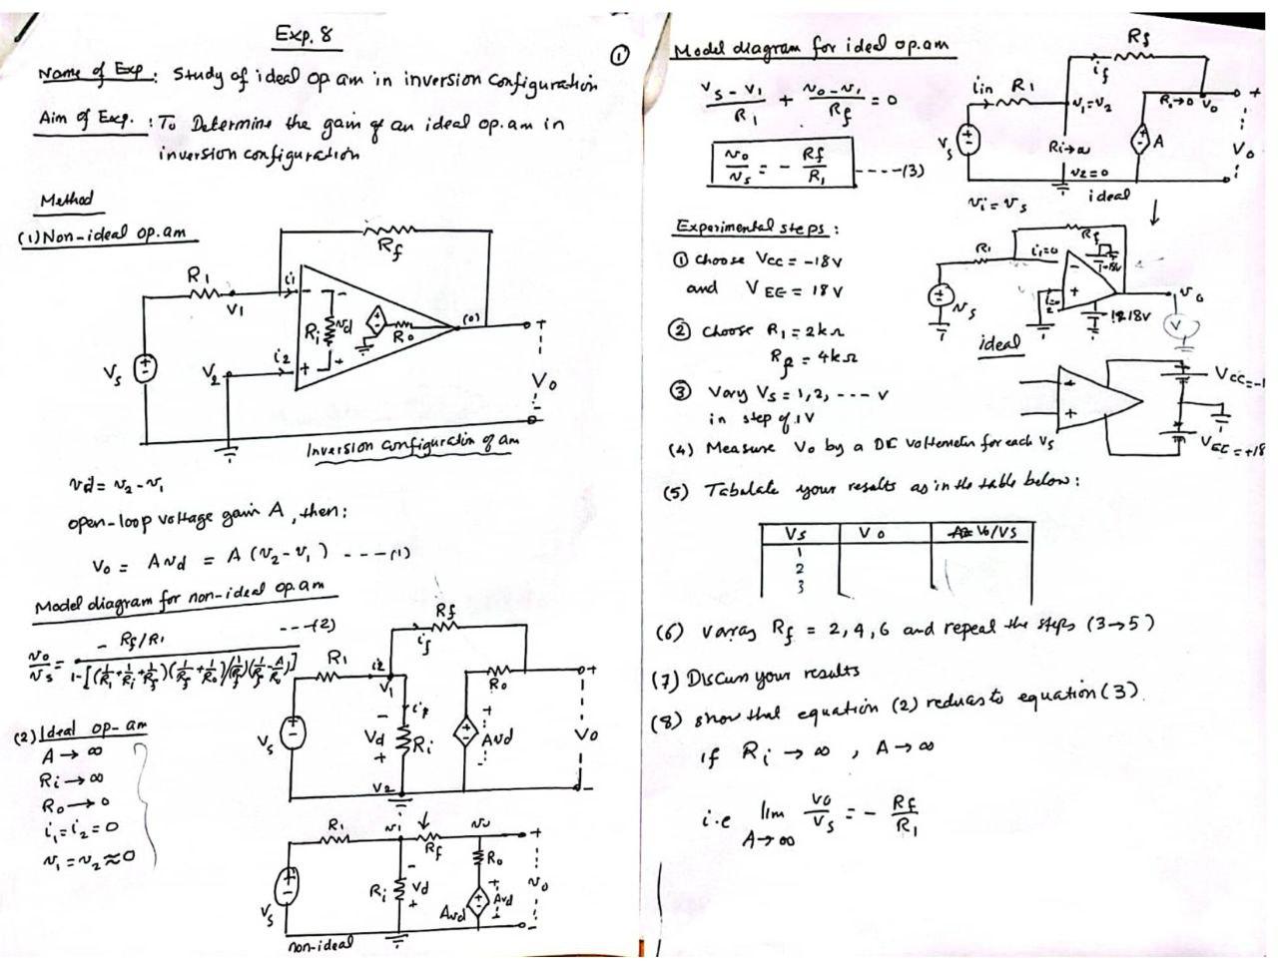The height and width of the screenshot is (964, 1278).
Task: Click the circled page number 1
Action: click(619, 56)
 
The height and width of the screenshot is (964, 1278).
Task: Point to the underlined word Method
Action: click(66, 200)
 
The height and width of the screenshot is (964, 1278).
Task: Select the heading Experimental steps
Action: click(756, 228)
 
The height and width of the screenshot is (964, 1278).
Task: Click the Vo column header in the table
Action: click(872, 533)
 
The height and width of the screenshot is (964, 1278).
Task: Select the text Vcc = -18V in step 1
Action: click(769, 261)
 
